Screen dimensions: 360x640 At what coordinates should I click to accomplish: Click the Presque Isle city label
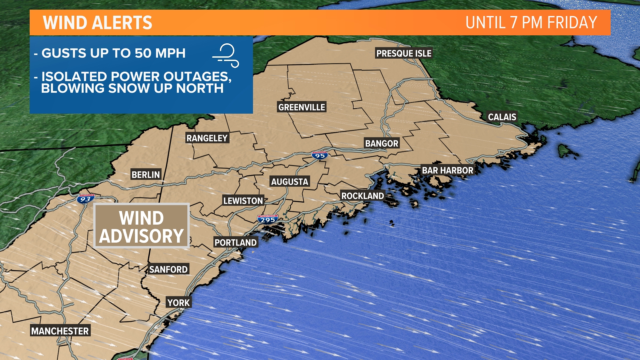(x=404, y=53)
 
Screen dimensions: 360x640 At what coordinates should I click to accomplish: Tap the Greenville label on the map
(x=302, y=107)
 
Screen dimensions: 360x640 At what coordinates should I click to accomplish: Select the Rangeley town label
(x=207, y=138)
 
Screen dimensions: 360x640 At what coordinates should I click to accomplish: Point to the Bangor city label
(x=382, y=143)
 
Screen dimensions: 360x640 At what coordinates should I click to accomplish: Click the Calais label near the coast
(x=502, y=117)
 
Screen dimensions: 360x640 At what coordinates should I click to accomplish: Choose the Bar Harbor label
(x=447, y=170)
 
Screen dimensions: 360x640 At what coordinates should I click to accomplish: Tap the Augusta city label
(x=290, y=182)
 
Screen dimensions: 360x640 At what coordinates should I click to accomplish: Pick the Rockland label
(x=363, y=196)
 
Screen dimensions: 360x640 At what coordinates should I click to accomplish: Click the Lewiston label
(x=243, y=201)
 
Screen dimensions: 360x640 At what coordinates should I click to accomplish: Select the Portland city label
(x=236, y=242)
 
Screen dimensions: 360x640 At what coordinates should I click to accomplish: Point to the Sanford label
(x=168, y=269)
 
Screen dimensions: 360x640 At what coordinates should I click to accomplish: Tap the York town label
(x=179, y=303)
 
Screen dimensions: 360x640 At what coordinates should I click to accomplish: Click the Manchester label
(x=60, y=331)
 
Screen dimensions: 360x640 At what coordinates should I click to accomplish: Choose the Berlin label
(x=146, y=175)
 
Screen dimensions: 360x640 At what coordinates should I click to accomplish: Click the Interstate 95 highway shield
(x=320, y=155)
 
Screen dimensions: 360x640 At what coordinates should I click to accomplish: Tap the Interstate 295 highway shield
(x=268, y=219)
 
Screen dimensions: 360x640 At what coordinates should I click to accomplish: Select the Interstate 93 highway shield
(x=85, y=199)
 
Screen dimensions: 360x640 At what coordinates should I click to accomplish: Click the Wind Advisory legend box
(x=141, y=226)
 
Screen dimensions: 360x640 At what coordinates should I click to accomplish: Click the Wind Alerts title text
(x=97, y=23)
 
